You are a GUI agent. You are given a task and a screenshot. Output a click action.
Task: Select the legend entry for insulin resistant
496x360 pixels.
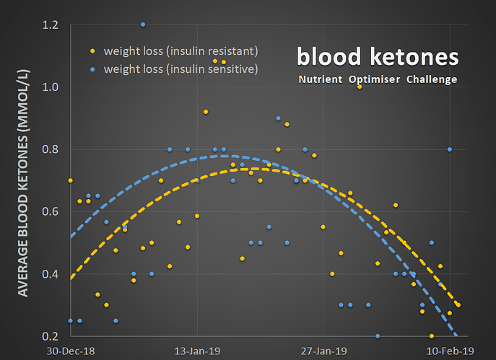pyautogui.click(x=180, y=51)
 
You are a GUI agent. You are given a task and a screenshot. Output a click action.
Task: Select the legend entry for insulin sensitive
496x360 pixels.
pyautogui.click(x=180, y=69)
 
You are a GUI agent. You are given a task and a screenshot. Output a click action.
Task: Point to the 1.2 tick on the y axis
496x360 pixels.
pyautogui.click(x=51, y=25)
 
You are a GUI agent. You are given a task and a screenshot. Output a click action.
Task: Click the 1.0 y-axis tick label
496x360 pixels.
pyautogui.click(x=51, y=87)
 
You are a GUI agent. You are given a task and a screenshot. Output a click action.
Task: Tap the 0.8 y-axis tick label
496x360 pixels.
pyautogui.click(x=51, y=149)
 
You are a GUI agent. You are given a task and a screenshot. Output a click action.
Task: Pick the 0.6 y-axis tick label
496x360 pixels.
pyautogui.click(x=51, y=211)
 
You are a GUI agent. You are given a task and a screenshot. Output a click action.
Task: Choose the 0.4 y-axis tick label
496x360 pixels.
pyautogui.click(x=51, y=274)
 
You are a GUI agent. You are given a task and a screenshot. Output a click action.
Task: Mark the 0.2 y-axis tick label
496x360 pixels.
pyautogui.click(x=51, y=336)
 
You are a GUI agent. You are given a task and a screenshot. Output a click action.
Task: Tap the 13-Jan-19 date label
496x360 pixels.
pyautogui.click(x=197, y=351)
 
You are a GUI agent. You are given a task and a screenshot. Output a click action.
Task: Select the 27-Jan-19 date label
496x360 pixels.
pyautogui.click(x=323, y=351)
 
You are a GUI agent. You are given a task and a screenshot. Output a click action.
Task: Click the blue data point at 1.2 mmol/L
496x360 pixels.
pyautogui.click(x=143, y=25)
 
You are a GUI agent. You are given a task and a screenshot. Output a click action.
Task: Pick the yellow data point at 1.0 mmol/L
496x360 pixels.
pyautogui.click(x=359, y=87)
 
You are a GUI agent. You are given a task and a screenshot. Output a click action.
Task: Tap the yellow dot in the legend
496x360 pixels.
pyautogui.click(x=92, y=51)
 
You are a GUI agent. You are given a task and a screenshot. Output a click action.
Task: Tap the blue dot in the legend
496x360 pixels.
pyautogui.click(x=92, y=69)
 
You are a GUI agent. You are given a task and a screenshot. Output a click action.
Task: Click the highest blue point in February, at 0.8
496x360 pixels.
pyautogui.click(x=449, y=149)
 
